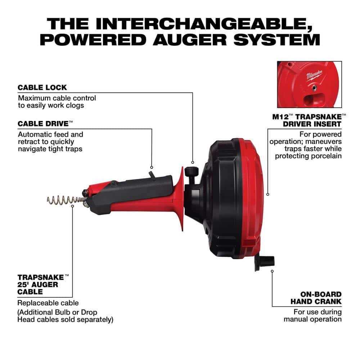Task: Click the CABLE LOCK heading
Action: tap(42, 87)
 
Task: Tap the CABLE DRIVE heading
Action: tap(45, 124)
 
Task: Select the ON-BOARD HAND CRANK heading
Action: tap(316, 298)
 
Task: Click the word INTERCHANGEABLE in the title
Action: tap(204, 23)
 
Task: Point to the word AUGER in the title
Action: tap(190, 40)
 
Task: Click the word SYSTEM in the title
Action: tap(276, 40)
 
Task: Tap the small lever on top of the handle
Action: tap(152, 175)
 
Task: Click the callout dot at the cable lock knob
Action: tap(193, 163)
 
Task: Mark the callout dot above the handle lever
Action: tap(152, 167)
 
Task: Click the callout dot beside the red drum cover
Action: tap(268, 194)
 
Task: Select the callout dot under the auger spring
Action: tap(73, 206)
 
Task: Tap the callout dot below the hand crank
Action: tap(272, 271)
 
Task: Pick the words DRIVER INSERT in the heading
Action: tap(312, 124)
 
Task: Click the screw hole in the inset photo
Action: tap(315, 87)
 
